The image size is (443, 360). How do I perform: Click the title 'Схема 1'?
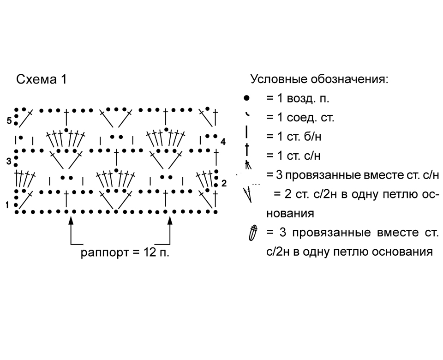42,79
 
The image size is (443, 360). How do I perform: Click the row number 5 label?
9,121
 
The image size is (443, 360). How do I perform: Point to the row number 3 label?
9,162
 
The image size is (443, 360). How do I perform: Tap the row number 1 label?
7,205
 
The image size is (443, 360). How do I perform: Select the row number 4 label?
223,142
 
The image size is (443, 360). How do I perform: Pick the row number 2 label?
224,184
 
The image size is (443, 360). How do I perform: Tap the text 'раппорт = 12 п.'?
125,252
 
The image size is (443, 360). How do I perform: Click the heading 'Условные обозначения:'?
319,79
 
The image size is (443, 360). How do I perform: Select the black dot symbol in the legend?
246,98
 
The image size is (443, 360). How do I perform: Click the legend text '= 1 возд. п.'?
298,98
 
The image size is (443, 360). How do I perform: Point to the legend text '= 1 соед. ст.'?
300,117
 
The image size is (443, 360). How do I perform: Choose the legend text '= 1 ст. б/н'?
294,137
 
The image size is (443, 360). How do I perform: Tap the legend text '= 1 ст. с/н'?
293,156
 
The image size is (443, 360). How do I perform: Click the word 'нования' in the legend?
290,213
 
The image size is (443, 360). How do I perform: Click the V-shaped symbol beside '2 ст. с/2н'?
248,194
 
